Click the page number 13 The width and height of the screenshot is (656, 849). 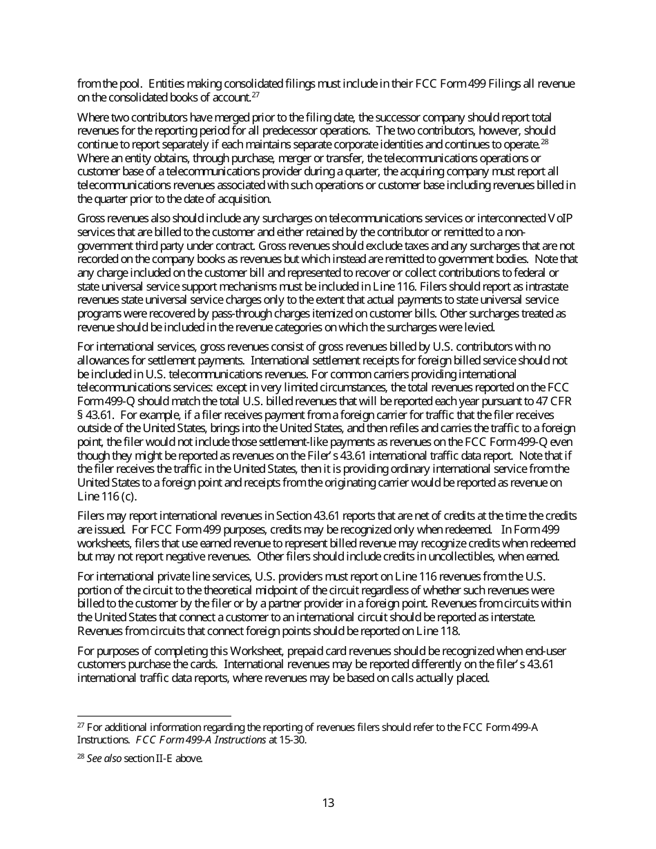coord(328,803)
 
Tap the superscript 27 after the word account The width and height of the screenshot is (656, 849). coord(255,95)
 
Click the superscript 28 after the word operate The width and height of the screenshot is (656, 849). coord(544,141)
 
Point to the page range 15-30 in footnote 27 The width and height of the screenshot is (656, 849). coord(293,741)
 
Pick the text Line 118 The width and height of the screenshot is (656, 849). coord(436,631)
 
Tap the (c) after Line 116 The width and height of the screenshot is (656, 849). coord(128,497)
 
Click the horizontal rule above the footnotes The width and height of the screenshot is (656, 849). coord(154,716)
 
